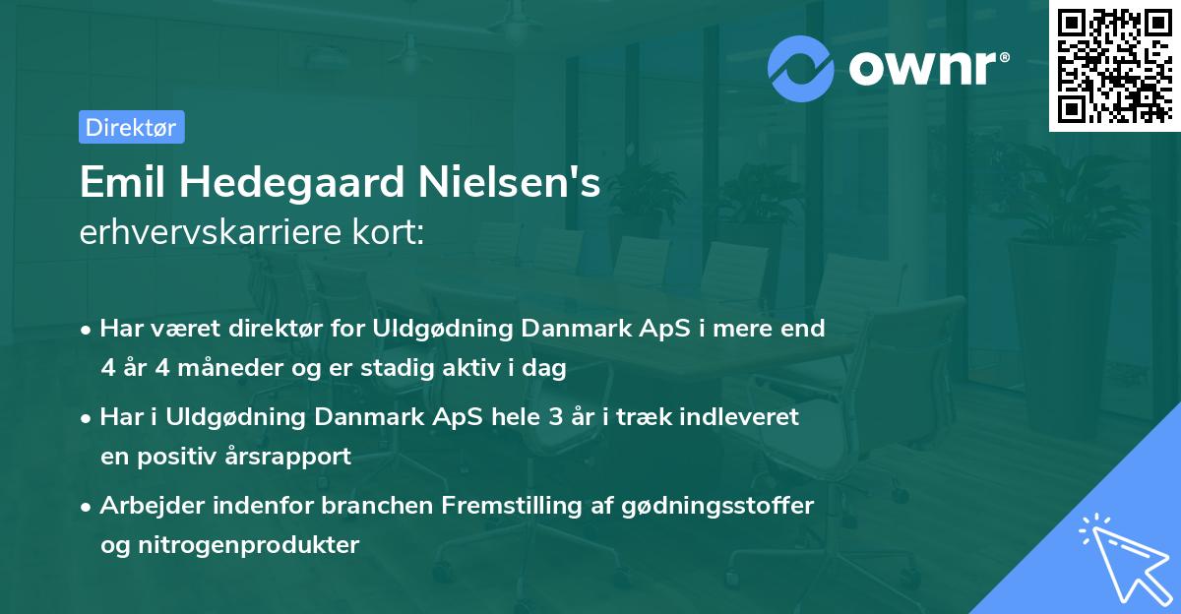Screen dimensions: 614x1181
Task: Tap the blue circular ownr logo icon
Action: tap(801, 67)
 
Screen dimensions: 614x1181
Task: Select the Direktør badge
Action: tap(131, 127)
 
